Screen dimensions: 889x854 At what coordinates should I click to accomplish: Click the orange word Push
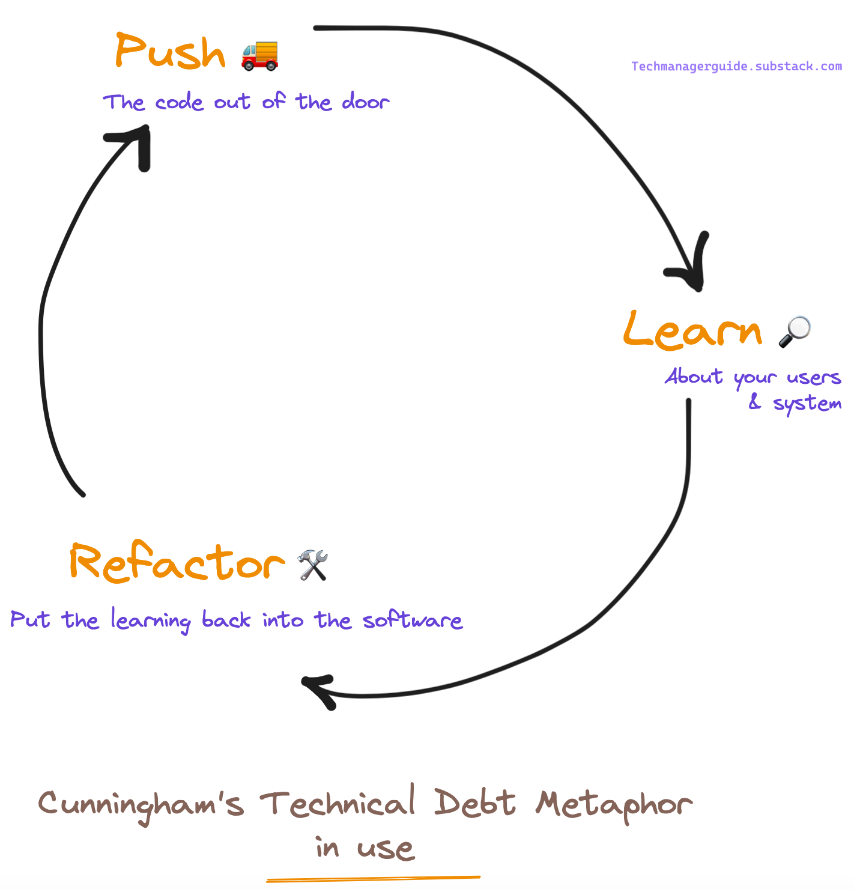(x=169, y=52)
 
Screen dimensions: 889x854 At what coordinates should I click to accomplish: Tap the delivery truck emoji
(x=260, y=55)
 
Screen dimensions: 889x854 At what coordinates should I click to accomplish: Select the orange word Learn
(x=692, y=330)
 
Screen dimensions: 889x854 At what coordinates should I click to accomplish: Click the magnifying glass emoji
(x=794, y=332)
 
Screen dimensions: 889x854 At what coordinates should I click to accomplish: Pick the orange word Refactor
(x=177, y=563)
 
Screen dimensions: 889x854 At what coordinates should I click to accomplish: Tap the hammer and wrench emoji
(x=313, y=565)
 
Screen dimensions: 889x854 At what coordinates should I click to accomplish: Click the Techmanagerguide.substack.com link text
(x=736, y=66)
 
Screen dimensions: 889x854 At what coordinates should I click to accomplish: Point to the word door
(x=366, y=102)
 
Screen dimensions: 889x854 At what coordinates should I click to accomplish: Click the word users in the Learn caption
(x=814, y=378)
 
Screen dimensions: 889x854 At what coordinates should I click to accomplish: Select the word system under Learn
(x=807, y=404)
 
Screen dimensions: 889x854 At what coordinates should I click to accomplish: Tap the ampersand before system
(x=755, y=402)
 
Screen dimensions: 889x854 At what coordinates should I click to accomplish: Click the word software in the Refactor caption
(x=413, y=619)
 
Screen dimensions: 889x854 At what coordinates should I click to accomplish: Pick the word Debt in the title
(x=474, y=803)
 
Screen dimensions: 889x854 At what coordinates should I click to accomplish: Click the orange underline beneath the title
(x=373, y=879)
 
